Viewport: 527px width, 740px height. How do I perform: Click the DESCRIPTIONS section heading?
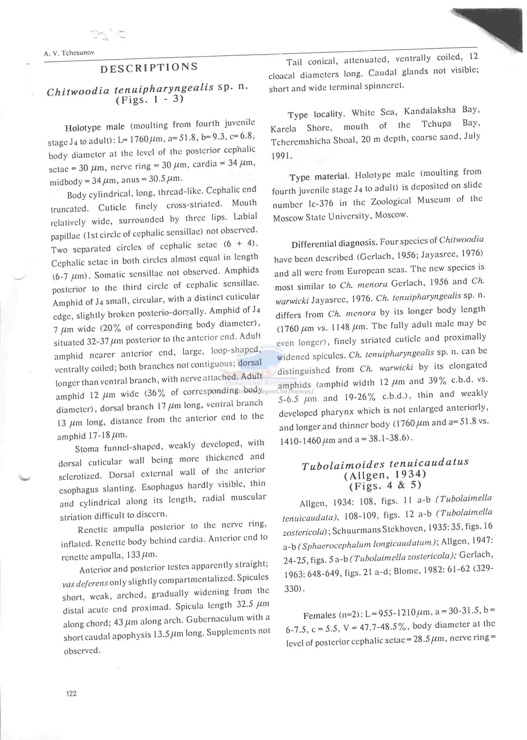pyautogui.click(x=149, y=68)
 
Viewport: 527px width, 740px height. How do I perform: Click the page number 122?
pyautogui.click(x=71, y=693)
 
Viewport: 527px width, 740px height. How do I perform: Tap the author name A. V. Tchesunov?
pyautogui.click(x=69, y=53)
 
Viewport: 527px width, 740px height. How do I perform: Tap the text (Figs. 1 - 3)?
pyautogui.click(x=150, y=100)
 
